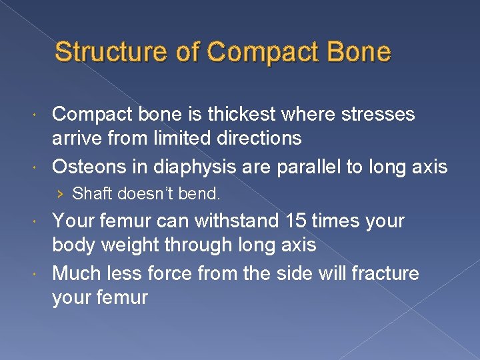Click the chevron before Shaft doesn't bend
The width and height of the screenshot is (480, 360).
(61, 195)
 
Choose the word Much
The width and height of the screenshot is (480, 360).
(75, 273)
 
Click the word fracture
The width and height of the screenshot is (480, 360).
(387, 273)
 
